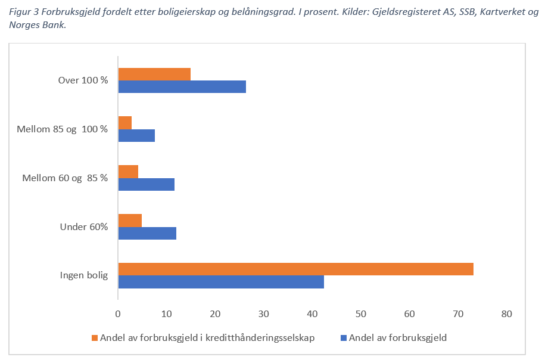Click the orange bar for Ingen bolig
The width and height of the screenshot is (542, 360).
pos(295,269)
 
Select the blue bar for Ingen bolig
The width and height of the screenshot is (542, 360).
pos(221,282)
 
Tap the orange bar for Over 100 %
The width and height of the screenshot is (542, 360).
pos(154,74)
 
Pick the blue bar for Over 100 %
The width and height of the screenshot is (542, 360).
pos(182,87)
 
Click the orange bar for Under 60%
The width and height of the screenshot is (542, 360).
pos(130,220)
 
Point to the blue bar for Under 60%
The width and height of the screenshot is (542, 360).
pos(147,233)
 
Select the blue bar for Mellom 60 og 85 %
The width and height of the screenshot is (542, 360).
pos(147,184)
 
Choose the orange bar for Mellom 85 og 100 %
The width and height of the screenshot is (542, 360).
pos(125,123)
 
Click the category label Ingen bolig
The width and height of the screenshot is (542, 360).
pos(83,275)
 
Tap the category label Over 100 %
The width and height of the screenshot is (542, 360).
pos(83,80)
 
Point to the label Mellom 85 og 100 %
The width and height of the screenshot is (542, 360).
pos(63,129)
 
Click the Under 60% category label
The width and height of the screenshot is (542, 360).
pos(84,226)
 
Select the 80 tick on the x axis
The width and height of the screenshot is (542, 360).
pos(506,314)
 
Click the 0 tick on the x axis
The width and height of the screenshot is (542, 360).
pos(119,314)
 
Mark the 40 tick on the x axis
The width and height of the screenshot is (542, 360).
pos(312,314)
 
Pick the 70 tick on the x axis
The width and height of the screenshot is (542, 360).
pos(457,314)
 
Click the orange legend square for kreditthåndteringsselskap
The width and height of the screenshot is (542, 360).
pos(94,338)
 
